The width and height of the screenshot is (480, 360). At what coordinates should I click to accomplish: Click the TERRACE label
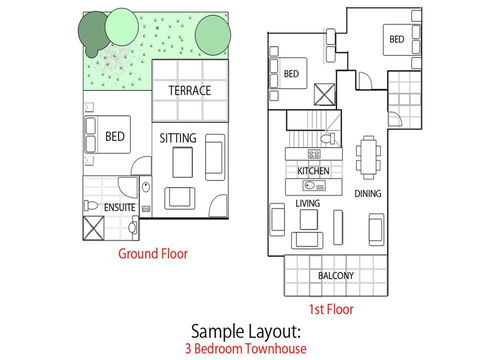(189, 91)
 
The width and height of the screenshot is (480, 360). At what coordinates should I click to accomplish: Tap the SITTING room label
(178, 138)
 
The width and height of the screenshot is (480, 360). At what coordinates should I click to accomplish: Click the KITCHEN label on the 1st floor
(313, 172)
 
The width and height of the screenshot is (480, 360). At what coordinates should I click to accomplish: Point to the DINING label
(368, 193)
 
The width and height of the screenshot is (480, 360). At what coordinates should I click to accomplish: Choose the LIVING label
(307, 204)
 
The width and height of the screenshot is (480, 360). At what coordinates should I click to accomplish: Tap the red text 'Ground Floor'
(152, 254)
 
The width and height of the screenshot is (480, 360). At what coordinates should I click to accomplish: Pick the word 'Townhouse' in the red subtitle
(273, 349)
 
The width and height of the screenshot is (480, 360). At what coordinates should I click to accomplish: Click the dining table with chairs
(369, 159)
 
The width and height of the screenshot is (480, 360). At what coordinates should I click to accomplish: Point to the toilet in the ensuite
(90, 206)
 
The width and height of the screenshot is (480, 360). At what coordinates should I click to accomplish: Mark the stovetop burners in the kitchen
(313, 154)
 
